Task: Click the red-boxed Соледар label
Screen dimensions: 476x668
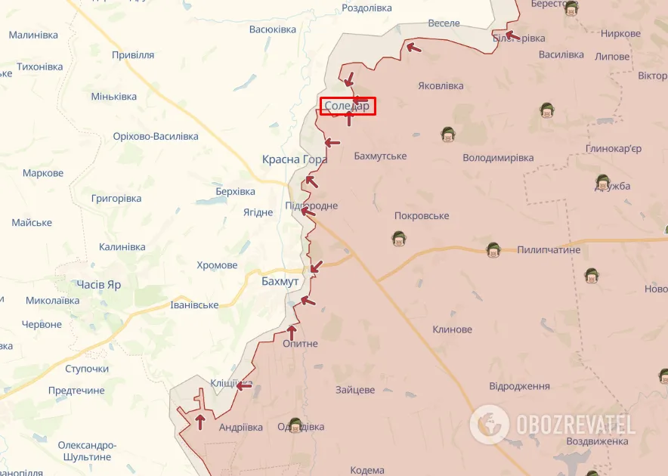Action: pyautogui.click(x=347, y=107)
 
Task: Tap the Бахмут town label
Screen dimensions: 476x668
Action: pyautogui.click(x=280, y=281)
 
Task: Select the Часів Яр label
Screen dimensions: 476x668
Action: pyautogui.click(x=98, y=285)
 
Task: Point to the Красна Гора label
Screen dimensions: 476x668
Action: pyautogui.click(x=295, y=159)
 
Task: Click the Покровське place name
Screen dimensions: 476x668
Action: pyautogui.click(x=422, y=216)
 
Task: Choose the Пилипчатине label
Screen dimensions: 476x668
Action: pyautogui.click(x=549, y=249)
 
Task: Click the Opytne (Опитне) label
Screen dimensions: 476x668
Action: pyautogui.click(x=300, y=344)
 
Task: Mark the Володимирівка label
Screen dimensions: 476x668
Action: pyautogui.click(x=498, y=158)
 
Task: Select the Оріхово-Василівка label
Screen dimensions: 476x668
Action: pyautogui.click(x=156, y=136)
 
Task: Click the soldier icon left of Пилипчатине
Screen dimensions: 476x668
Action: pyautogui.click(x=493, y=249)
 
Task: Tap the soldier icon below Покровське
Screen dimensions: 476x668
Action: pyautogui.click(x=398, y=239)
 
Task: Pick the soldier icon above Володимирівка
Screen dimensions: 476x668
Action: pyautogui.click(x=448, y=134)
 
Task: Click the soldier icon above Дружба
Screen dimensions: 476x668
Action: pyautogui.click(x=602, y=182)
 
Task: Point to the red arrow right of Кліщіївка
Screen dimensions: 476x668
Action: pyautogui.click(x=243, y=385)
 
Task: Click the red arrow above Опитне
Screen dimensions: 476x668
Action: pyautogui.click(x=292, y=332)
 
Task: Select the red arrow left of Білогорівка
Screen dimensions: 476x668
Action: pyautogui.click(x=511, y=35)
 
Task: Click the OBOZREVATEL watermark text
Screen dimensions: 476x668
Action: pyautogui.click(x=576, y=424)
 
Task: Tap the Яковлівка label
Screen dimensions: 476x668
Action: pyautogui.click(x=441, y=86)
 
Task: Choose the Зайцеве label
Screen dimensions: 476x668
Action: pyautogui.click(x=355, y=390)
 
